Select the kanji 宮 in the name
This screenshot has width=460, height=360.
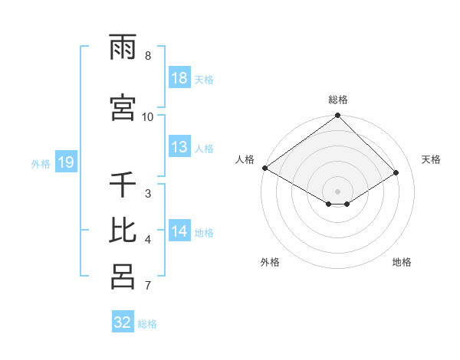tap(123, 107)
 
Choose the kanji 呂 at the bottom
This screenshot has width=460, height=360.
tap(123, 277)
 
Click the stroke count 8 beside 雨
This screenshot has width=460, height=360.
tap(148, 56)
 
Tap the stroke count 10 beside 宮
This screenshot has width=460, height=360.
tap(148, 116)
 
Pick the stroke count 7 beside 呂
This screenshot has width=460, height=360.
tap(148, 286)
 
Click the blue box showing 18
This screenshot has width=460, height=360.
tap(179, 78)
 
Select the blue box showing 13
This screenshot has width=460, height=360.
tap(179, 147)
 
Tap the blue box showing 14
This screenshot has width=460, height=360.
tap(179, 231)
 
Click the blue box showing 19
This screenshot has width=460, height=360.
tap(65, 162)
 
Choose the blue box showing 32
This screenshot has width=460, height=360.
tap(123, 322)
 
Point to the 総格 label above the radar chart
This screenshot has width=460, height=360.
tap(338, 100)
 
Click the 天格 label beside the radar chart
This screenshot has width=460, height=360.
tap(431, 159)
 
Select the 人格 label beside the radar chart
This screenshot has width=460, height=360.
tap(245, 159)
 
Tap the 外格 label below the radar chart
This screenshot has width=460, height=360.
tap(270, 262)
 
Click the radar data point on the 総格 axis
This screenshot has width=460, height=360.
tap(338, 116)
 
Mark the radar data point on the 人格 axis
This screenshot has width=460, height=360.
tap(264, 168)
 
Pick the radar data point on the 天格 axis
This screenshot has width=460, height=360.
tap(396, 172)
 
